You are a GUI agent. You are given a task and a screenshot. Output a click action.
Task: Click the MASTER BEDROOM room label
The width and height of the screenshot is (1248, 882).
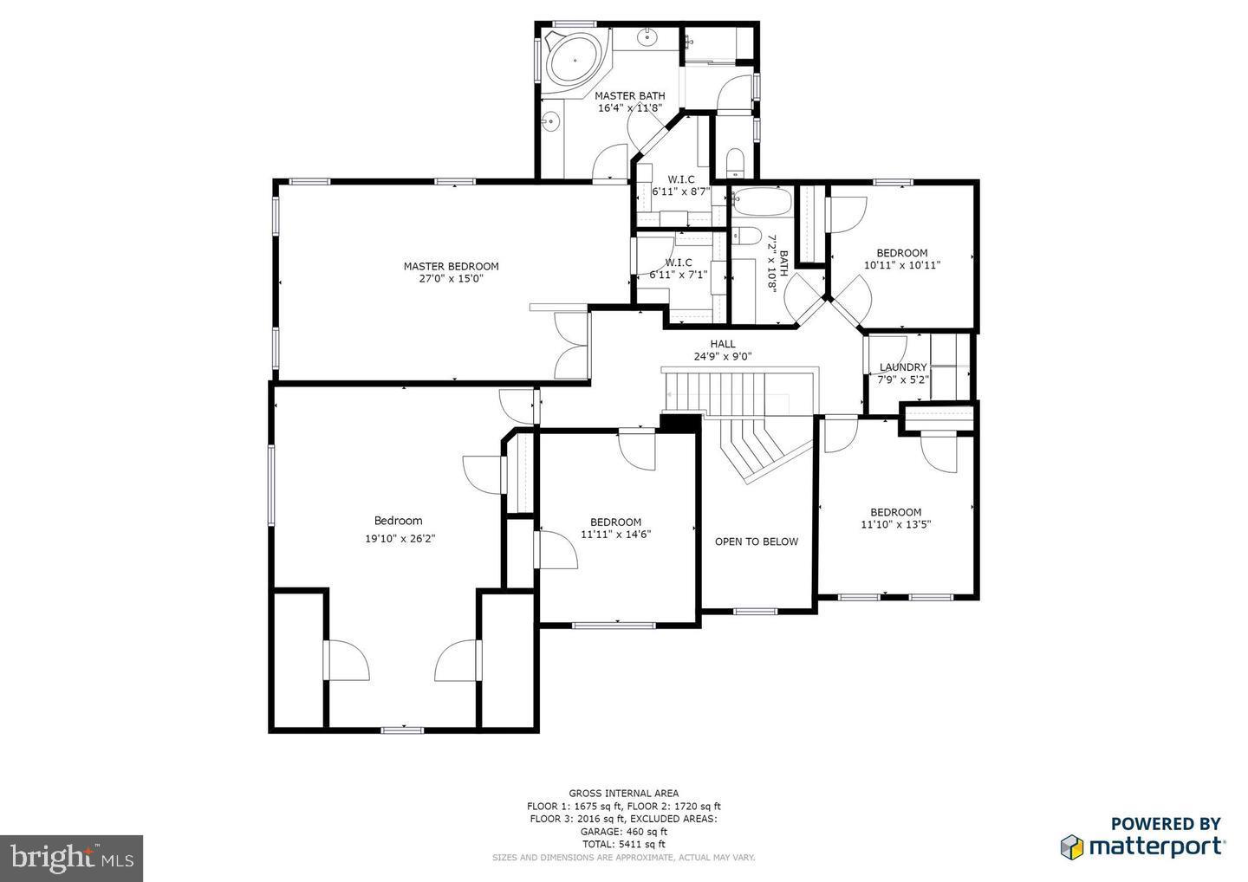click(x=451, y=266)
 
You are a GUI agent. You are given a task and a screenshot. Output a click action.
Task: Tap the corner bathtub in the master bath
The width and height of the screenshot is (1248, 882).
click(x=572, y=60)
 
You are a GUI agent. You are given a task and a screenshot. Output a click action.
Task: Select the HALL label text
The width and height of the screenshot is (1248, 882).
click(x=722, y=344)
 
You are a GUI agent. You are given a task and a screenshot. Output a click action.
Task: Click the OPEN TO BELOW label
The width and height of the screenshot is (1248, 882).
click(x=756, y=542)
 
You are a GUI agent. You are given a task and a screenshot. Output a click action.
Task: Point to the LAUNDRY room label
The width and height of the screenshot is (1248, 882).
click(x=903, y=367)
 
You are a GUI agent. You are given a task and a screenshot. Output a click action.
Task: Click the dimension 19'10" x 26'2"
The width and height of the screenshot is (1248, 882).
click(x=399, y=538)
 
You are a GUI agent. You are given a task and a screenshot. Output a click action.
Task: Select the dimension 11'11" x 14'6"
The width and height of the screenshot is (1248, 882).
click(x=615, y=535)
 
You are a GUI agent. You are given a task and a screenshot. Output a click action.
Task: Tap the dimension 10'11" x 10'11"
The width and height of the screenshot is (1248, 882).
click(x=901, y=266)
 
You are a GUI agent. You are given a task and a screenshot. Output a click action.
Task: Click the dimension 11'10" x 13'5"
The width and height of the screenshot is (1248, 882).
click(x=895, y=524)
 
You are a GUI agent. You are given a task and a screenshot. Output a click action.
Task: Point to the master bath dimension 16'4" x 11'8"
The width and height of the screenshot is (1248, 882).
click(x=629, y=108)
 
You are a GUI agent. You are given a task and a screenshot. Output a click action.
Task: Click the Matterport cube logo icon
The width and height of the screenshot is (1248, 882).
click(x=1072, y=846)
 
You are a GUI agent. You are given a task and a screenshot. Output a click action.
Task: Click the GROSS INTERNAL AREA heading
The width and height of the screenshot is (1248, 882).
click(x=623, y=793)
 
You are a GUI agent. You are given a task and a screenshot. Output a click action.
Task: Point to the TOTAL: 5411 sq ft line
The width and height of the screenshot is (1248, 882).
click(x=623, y=844)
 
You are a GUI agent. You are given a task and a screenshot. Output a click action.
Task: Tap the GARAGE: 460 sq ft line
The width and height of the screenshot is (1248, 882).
click(x=623, y=831)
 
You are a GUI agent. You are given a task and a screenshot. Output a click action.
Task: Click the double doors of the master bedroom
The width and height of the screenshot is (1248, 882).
click(x=570, y=345)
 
